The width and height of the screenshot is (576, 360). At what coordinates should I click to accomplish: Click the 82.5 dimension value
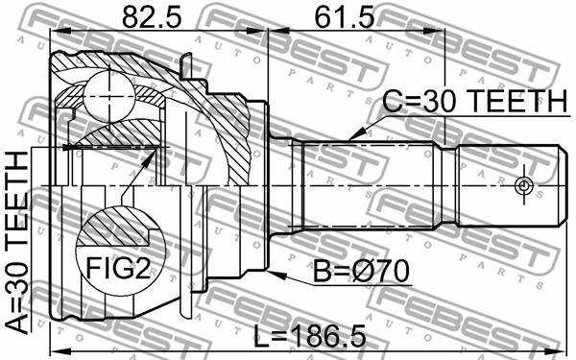(152, 17)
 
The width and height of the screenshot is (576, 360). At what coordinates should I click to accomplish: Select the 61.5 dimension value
(345, 17)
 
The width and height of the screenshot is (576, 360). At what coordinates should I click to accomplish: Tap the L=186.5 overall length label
(310, 337)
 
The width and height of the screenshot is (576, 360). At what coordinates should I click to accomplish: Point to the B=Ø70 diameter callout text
(361, 271)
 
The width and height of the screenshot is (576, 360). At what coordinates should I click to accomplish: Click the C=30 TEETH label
(475, 101)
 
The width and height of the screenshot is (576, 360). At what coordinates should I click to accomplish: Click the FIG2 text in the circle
(118, 267)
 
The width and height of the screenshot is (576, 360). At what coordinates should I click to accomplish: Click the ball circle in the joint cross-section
(109, 96)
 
